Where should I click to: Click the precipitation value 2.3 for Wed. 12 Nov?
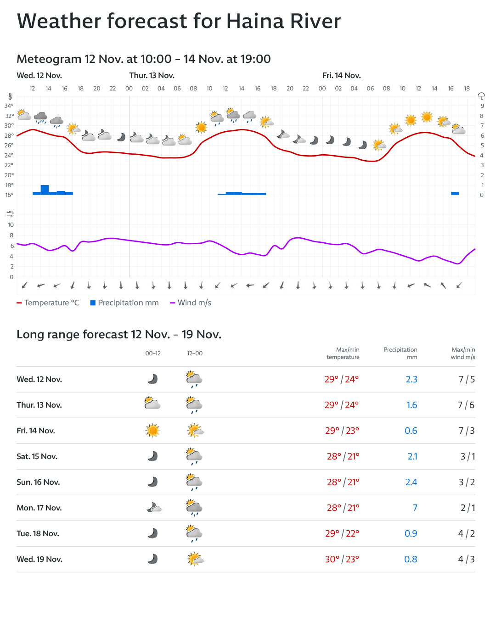click(411, 379)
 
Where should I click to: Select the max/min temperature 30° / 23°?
click(342, 559)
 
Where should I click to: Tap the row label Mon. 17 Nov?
click(39, 508)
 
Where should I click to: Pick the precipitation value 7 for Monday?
click(415, 508)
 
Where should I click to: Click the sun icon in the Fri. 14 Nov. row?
click(152, 431)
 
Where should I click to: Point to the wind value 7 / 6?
click(466, 405)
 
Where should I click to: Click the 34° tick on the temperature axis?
click(9, 106)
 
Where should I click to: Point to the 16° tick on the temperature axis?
click(9, 195)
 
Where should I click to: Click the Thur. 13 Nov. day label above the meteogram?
click(152, 75)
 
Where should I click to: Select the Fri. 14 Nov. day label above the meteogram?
click(341, 75)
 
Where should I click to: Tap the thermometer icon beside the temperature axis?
click(10, 96)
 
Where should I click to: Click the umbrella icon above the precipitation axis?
click(481, 96)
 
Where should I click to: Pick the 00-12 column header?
click(153, 353)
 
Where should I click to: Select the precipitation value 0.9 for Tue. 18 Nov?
click(411, 533)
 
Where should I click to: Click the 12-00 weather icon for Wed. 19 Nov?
click(195, 559)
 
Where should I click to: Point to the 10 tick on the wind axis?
click(11, 225)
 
